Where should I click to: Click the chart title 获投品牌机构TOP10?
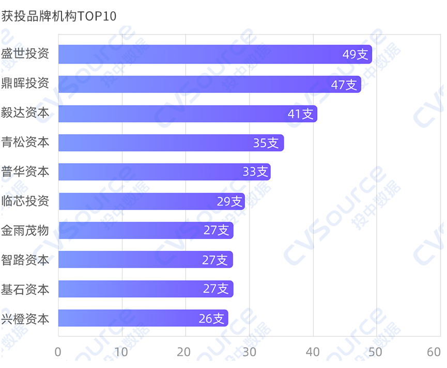(x=58, y=17)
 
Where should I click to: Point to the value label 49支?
(x=356, y=54)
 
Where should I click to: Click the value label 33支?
(x=255, y=172)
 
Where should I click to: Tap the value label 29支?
(x=229, y=201)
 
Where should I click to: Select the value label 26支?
(x=212, y=318)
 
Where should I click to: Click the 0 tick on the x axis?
(x=58, y=352)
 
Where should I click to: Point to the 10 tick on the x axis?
(x=121, y=352)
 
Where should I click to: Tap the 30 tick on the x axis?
(x=249, y=352)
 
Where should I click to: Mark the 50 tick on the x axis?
(x=376, y=352)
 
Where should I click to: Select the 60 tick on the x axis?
(x=434, y=352)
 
